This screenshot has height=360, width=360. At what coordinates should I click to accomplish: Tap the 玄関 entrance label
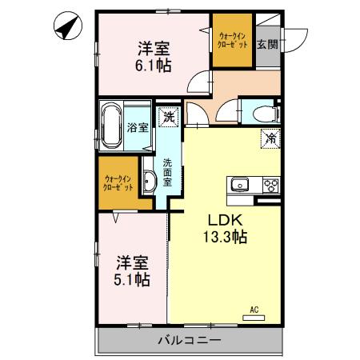tap(266, 45)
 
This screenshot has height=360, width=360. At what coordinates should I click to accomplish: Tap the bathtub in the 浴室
tap(111, 126)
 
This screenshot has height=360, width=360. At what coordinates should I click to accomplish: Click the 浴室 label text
tap(137, 127)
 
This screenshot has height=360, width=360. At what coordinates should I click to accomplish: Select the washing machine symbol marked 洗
tap(168, 117)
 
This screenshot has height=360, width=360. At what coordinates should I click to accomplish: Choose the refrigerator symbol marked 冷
tap(270, 138)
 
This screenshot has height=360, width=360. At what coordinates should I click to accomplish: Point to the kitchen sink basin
tap(240, 186)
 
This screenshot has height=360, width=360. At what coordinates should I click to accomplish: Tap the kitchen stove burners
tap(270, 186)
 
